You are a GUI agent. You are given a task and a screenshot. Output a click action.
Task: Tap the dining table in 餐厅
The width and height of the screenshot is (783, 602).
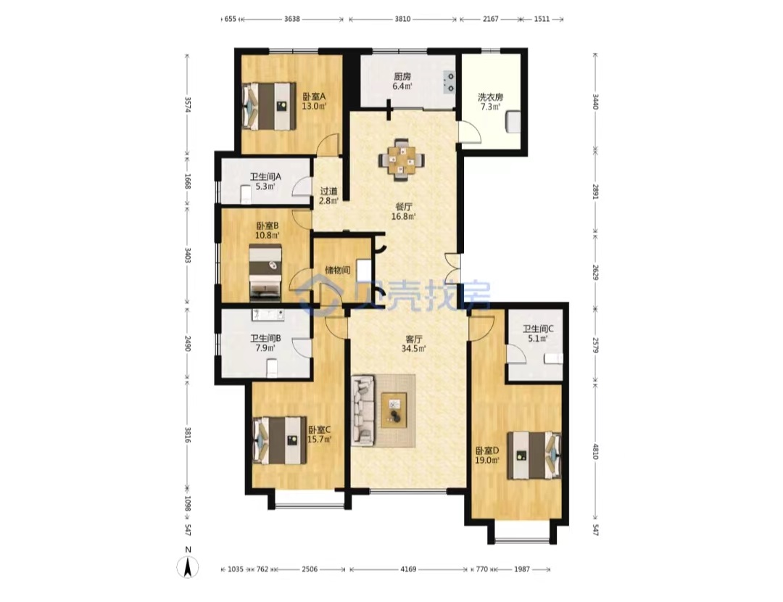[402, 160]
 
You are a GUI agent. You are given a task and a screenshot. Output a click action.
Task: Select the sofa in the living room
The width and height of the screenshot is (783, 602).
[363, 411]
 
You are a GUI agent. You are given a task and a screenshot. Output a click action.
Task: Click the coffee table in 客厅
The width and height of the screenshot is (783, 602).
[394, 410]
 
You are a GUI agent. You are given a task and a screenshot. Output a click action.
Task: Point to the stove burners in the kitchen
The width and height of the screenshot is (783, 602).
[449, 83]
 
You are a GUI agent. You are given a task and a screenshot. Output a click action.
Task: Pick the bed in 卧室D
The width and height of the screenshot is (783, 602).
[534, 455]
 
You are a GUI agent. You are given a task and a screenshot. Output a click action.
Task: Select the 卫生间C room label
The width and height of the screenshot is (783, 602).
[538, 329]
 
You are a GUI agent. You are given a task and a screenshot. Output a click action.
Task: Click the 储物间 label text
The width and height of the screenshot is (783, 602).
[338, 271]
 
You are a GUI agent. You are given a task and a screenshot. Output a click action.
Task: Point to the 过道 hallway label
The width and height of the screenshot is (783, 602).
[328, 191]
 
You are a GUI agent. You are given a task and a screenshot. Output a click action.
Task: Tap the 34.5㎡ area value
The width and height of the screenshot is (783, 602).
[413, 349]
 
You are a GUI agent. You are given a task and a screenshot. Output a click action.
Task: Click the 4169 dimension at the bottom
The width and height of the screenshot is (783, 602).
[408, 569]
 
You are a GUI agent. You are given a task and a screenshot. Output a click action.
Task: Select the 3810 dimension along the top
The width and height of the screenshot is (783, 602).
[402, 19]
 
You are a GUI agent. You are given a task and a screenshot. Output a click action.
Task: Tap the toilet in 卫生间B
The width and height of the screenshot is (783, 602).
[272, 368]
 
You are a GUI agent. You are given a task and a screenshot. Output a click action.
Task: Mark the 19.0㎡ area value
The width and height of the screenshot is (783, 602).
[487, 461]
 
